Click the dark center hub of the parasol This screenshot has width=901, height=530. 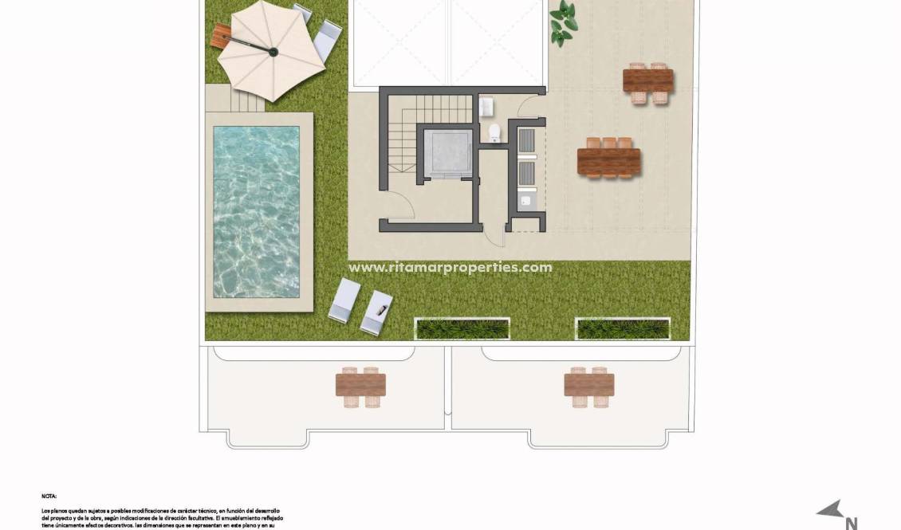[273, 53]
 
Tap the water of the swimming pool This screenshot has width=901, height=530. [256, 210]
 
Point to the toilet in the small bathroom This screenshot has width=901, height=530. [494, 132]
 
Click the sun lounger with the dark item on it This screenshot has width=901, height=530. [377, 312]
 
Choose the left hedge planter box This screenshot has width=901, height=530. [462, 328]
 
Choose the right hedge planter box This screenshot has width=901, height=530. [622, 328]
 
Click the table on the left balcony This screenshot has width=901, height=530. [360, 386]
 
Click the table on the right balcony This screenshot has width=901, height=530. [588, 386]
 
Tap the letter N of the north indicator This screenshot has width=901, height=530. [851, 523]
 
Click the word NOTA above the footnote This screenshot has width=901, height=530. [49, 497]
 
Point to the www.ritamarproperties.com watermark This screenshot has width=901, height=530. [450, 268]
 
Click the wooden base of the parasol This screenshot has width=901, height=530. [221, 34]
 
